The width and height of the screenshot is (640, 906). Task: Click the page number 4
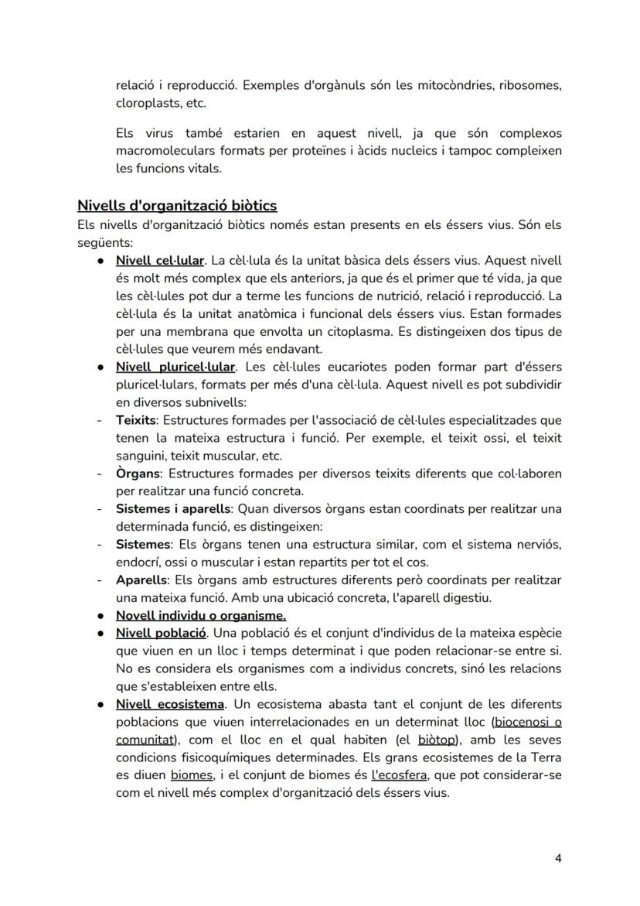click(558, 858)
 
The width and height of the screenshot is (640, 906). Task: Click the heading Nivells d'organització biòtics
click(177, 206)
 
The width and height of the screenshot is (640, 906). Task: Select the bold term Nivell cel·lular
click(159, 260)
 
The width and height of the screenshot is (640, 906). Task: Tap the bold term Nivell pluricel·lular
click(175, 367)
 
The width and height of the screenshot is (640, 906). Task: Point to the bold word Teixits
click(136, 420)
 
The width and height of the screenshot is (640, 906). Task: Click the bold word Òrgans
click(138, 473)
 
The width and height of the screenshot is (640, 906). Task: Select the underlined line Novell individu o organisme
click(201, 616)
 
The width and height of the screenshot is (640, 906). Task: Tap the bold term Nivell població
click(161, 634)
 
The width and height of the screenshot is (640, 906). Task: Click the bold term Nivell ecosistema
click(170, 704)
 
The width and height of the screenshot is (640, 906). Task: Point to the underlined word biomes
click(192, 775)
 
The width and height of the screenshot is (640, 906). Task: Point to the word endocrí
click(140, 562)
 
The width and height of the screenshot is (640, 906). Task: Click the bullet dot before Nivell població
click(100, 634)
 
